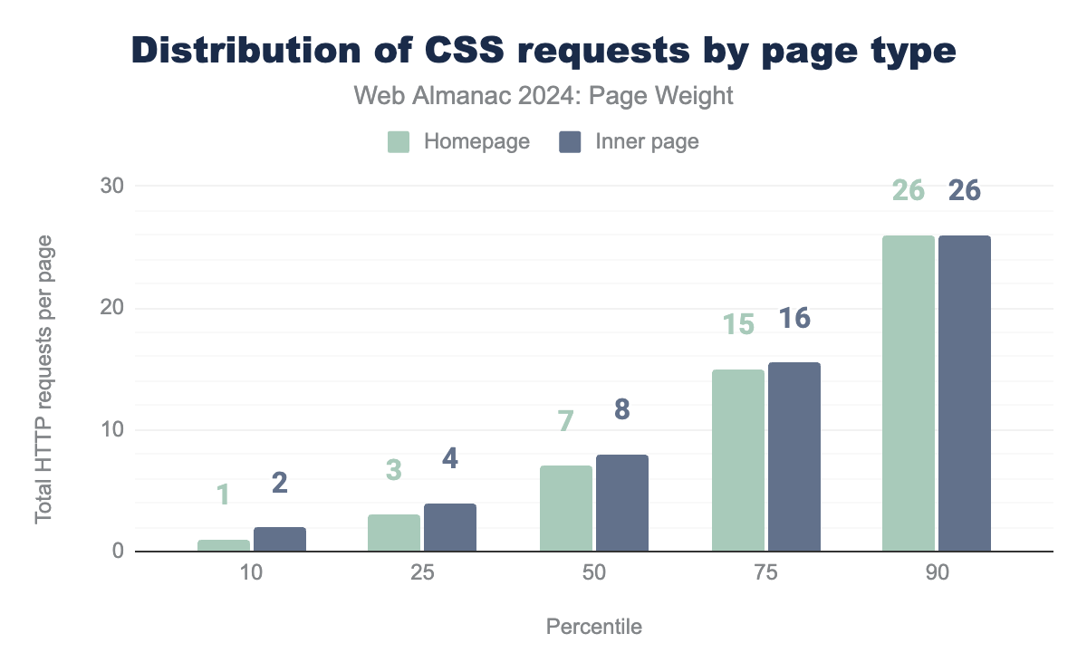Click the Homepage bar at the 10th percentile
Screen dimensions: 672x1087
pos(224,545)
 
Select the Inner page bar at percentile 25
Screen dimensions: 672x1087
pos(450,527)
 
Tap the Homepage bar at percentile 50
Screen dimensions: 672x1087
pos(566,508)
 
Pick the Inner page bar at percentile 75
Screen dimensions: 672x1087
pos(794,456)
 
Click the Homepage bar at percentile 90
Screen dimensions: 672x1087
pos(909,393)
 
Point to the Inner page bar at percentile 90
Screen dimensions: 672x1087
pos(965,393)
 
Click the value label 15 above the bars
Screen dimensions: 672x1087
pos(738,324)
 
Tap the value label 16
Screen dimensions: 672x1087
pos(794,318)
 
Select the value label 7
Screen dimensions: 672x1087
pos(566,421)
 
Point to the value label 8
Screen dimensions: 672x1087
pos(622,409)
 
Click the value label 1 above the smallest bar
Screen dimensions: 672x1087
pos(224,494)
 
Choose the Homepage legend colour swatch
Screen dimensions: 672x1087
pos(399,142)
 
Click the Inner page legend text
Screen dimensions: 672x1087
pos(647,142)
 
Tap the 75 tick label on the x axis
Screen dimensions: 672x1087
pos(766,575)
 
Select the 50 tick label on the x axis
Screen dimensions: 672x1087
pos(594,575)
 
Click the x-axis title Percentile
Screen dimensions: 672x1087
pos(594,627)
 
